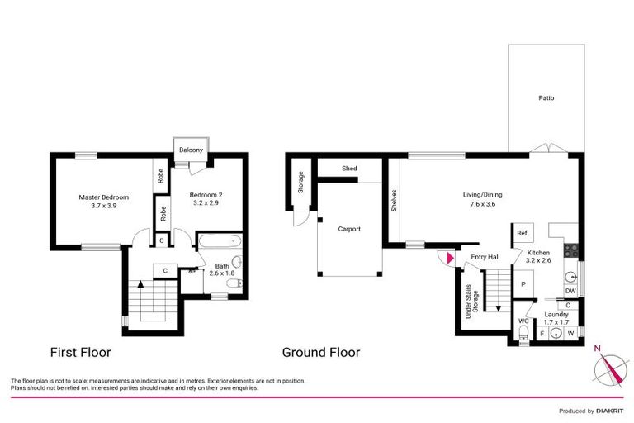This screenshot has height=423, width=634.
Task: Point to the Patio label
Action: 546,98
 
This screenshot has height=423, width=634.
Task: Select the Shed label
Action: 350,169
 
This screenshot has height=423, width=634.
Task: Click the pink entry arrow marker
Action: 449,259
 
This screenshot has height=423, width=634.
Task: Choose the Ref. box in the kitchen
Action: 522,234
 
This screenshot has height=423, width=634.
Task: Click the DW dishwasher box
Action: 570,291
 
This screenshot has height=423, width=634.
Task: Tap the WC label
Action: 523,321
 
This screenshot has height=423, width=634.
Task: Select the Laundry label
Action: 555,319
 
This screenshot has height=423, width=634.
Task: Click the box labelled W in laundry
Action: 570,334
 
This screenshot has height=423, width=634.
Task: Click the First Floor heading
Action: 81,352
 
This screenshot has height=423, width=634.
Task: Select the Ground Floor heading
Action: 321,352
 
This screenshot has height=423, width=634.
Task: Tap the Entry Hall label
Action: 485,258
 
